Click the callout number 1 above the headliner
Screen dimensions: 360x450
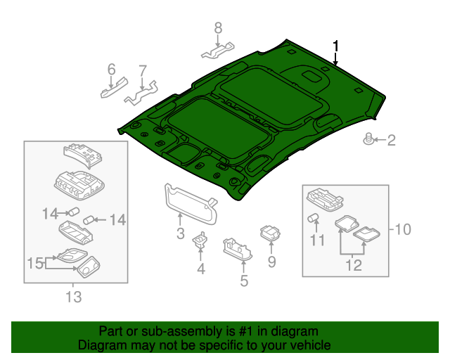[336, 46]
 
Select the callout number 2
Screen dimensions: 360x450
[391, 141]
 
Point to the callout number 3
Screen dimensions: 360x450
[180, 233]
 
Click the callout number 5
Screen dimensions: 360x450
[244, 281]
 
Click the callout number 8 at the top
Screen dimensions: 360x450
[218, 28]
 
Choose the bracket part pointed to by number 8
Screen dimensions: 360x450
[218, 51]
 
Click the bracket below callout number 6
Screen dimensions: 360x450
[113, 88]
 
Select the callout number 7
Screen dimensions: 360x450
[143, 70]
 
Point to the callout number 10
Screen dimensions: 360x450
[402, 229]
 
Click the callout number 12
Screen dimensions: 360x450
[353, 265]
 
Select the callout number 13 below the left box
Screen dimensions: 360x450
[73, 297]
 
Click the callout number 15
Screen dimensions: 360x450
[35, 263]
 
